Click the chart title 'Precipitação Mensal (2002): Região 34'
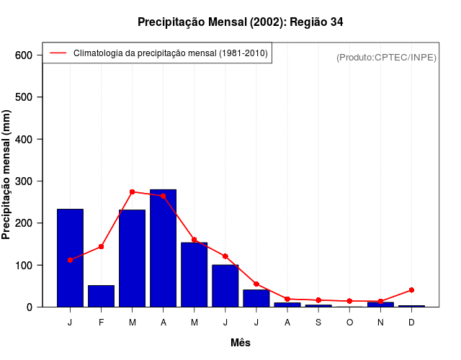click(x=241, y=22)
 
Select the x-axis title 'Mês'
click(x=241, y=343)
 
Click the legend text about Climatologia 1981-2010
click(x=171, y=53)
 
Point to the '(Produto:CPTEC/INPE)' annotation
click(x=387, y=57)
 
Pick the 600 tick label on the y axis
click(x=23, y=55)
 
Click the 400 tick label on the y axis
click(x=23, y=139)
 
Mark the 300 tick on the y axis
click(x=23, y=181)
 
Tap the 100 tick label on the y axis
click(x=23, y=265)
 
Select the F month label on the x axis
click(x=102, y=322)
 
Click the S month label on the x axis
click(x=318, y=322)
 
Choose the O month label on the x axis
click(x=349, y=322)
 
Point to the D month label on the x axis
click(x=411, y=322)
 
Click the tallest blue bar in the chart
click(x=164, y=248)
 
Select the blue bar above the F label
click(x=102, y=296)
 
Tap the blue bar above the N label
click(x=380, y=304)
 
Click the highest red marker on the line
click(x=133, y=192)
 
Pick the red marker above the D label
click(x=411, y=289)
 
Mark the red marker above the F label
click(x=102, y=246)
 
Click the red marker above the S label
click(x=318, y=300)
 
